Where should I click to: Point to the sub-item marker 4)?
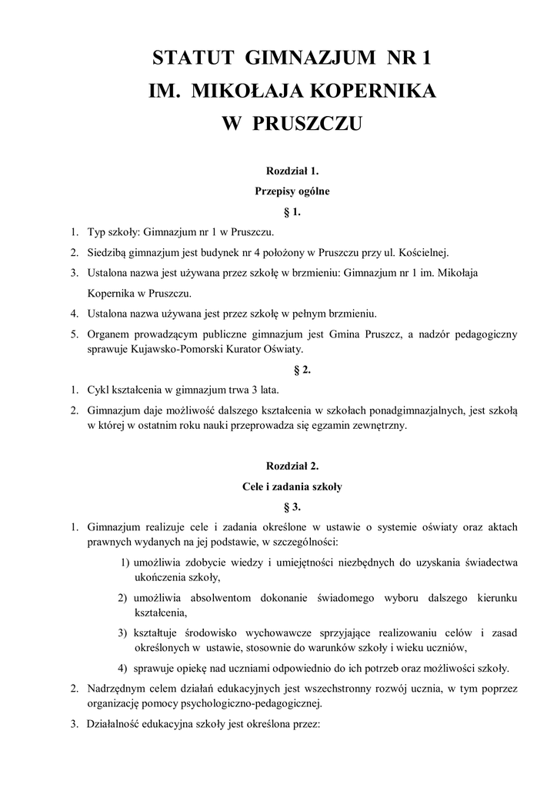coord(123,666)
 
